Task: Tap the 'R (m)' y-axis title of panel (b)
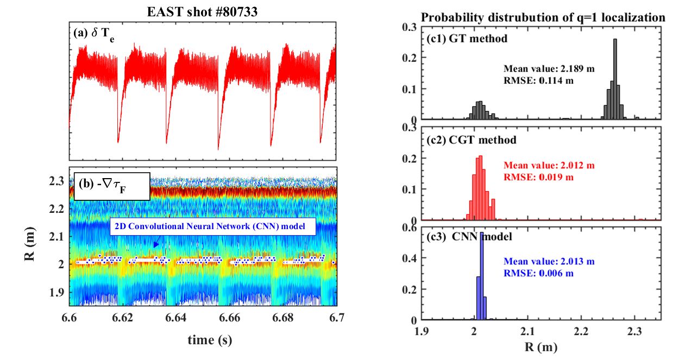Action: coord(32,236)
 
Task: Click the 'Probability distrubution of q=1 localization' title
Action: coord(543,18)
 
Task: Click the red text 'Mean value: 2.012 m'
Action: coord(549,166)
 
